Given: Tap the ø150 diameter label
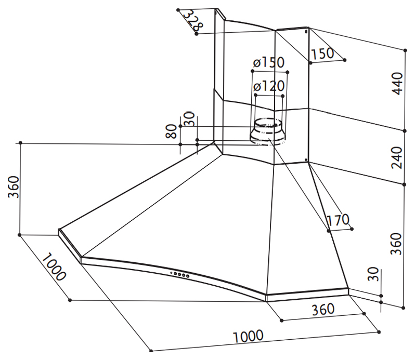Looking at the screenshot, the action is point(269,62).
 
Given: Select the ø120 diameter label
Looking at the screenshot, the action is point(269,86).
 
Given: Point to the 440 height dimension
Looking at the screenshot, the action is point(397,83).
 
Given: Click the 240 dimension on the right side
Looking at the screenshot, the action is point(397,157).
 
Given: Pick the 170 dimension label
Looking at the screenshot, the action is point(339,220).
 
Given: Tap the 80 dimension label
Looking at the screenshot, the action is point(171,131).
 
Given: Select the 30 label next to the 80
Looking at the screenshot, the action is point(189,118).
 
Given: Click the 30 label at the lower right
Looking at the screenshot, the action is point(373,274).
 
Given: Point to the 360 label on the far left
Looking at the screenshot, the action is point(14,187).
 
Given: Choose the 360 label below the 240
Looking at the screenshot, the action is point(396,244).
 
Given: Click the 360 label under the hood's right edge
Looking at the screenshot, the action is point(323,309).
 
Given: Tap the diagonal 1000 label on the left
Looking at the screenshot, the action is point(54,266).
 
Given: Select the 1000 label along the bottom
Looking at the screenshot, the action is point(248,336).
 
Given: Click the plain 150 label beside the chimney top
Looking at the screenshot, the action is point(322,54).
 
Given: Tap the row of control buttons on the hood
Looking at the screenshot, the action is point(180,274).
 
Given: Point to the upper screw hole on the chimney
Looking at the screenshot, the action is point(306,32).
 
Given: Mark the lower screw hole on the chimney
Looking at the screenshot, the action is point(306,160).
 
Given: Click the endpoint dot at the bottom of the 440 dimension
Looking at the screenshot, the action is point(405,131).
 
